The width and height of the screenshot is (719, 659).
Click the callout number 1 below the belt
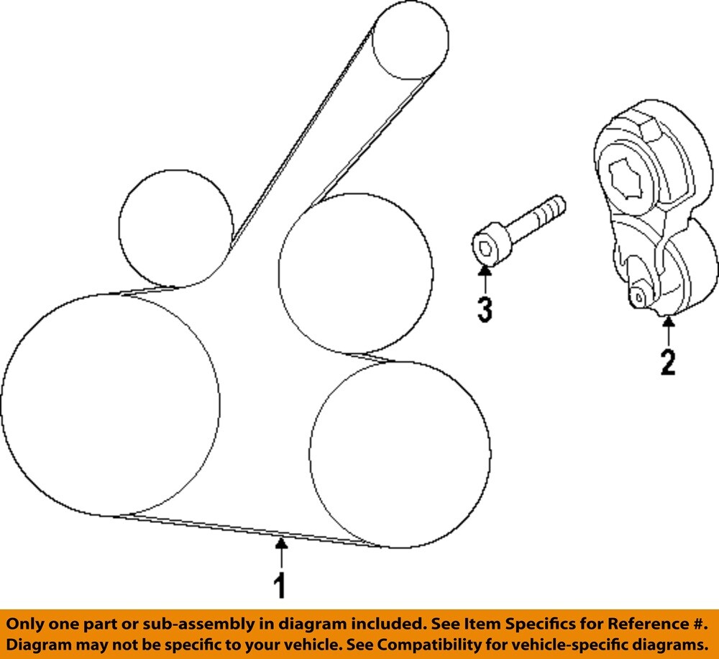click(280, 586)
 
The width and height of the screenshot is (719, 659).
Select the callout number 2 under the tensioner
click(668, 362)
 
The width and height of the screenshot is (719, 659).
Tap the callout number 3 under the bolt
click(485, 309)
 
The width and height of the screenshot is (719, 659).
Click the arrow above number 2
click(668, 331)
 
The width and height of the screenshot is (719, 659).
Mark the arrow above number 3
click(485, 279)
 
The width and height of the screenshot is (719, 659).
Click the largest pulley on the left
click(109, 405)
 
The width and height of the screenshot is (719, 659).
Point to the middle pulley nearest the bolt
click(355, 273)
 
